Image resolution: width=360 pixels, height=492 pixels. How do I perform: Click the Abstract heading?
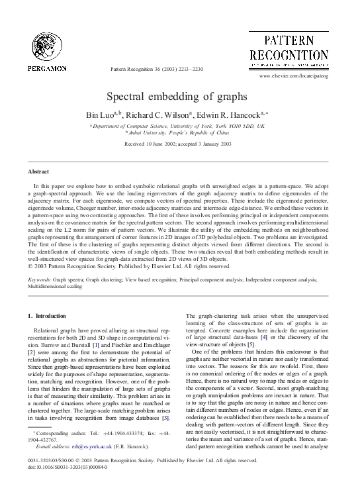[x=36, y=170]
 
